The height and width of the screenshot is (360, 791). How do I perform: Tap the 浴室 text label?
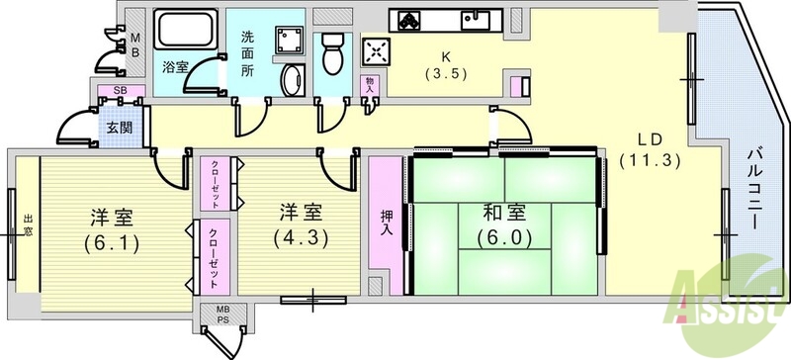coord(175,68)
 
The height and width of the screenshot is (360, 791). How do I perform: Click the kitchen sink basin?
coord(486,19)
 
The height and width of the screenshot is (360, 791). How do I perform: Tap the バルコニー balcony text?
coord(752,188)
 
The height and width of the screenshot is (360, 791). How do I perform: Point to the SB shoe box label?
coord(120,91)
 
